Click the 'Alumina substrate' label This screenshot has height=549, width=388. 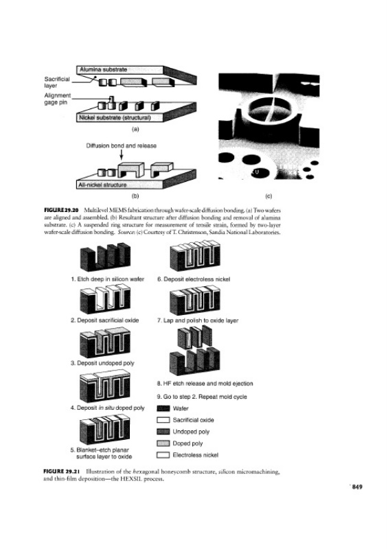click(103, 70)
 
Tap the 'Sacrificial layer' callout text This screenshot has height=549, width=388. click(57, 82)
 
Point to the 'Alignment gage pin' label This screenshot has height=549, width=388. click(58, 99)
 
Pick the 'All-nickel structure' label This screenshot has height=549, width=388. click(102, 185)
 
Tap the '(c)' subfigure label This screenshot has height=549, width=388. click(269, 196)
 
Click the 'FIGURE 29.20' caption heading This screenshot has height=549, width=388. click(60, 210)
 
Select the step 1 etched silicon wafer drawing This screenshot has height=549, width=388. click(105, 257)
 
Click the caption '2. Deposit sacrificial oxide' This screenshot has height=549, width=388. click(104, 320)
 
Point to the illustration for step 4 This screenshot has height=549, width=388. click(105, 387)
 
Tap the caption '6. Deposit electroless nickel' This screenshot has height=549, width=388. click(194, 279)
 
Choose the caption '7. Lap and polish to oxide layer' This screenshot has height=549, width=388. click(198, 320)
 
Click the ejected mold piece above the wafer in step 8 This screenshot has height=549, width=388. click(194, 337)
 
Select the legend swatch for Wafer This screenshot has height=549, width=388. click(163, 408)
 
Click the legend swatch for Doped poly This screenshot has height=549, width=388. click(163, 443)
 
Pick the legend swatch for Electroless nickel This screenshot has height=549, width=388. click(163, 455)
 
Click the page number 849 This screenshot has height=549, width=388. click(357, 487)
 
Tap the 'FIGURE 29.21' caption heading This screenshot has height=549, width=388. click(61, 471)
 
